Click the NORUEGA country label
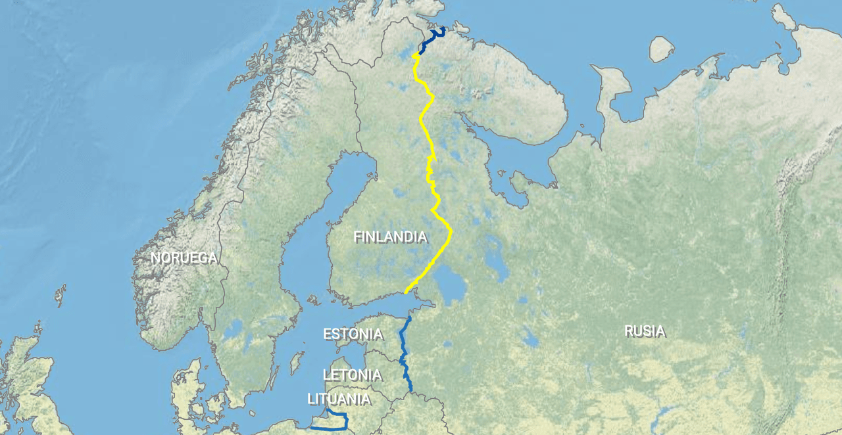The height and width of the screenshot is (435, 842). click(x=184, y=258)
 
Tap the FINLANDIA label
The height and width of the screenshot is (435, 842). click(x=390, y=237)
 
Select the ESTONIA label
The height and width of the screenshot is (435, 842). click(x=353, y=334)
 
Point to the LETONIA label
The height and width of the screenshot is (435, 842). click(x=352, y=375)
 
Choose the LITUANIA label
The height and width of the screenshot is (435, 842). click(x=339, y=400)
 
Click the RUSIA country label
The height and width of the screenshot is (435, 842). click(x=644, y=331)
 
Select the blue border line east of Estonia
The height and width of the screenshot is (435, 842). click(x=403, y=348)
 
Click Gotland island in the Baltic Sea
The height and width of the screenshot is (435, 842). click(x=297, y=361)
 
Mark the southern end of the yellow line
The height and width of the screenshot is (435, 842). click(x=407, y=292)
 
